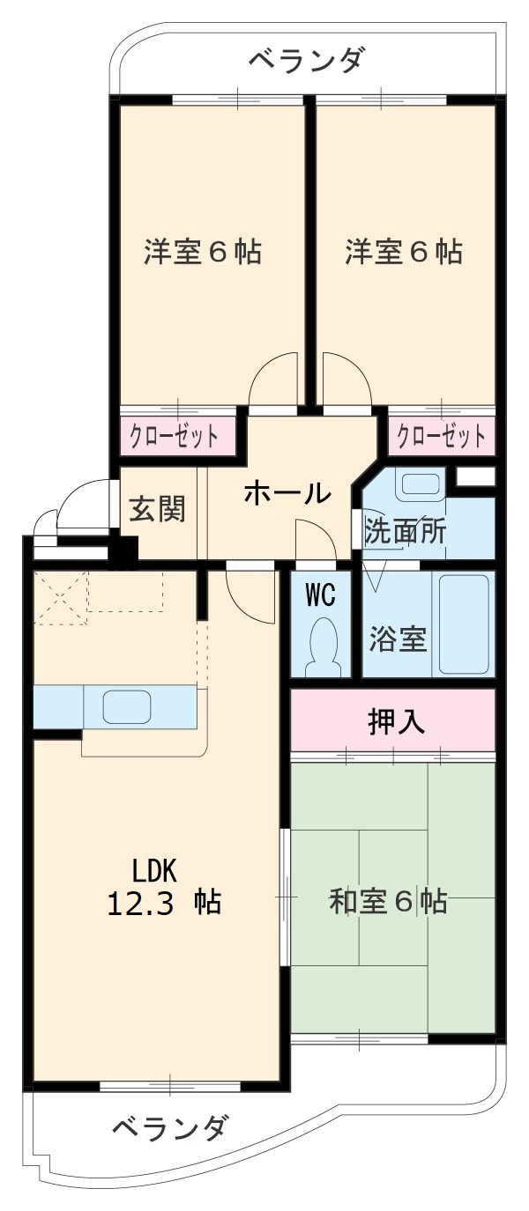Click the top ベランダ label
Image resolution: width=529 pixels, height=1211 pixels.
click(304, 61)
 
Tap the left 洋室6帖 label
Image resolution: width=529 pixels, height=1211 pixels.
click(203, 253)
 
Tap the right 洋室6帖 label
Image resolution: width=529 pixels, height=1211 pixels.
click(403, 253)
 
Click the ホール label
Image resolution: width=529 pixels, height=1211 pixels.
click(287, 494)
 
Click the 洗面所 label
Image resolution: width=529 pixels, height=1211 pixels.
click(405, 532)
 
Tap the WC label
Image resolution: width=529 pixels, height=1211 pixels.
click(321, 595)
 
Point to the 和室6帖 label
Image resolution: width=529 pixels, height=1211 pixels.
click(388, 902)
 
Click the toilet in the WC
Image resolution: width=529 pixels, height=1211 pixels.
click(324, 646)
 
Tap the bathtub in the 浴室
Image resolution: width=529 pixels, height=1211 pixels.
click(464, 624)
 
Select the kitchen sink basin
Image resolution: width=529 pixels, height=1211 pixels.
click(129, 705)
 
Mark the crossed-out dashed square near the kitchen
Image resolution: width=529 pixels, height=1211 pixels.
click(60, 597)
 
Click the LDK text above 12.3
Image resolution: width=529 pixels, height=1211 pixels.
click(156, 871)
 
